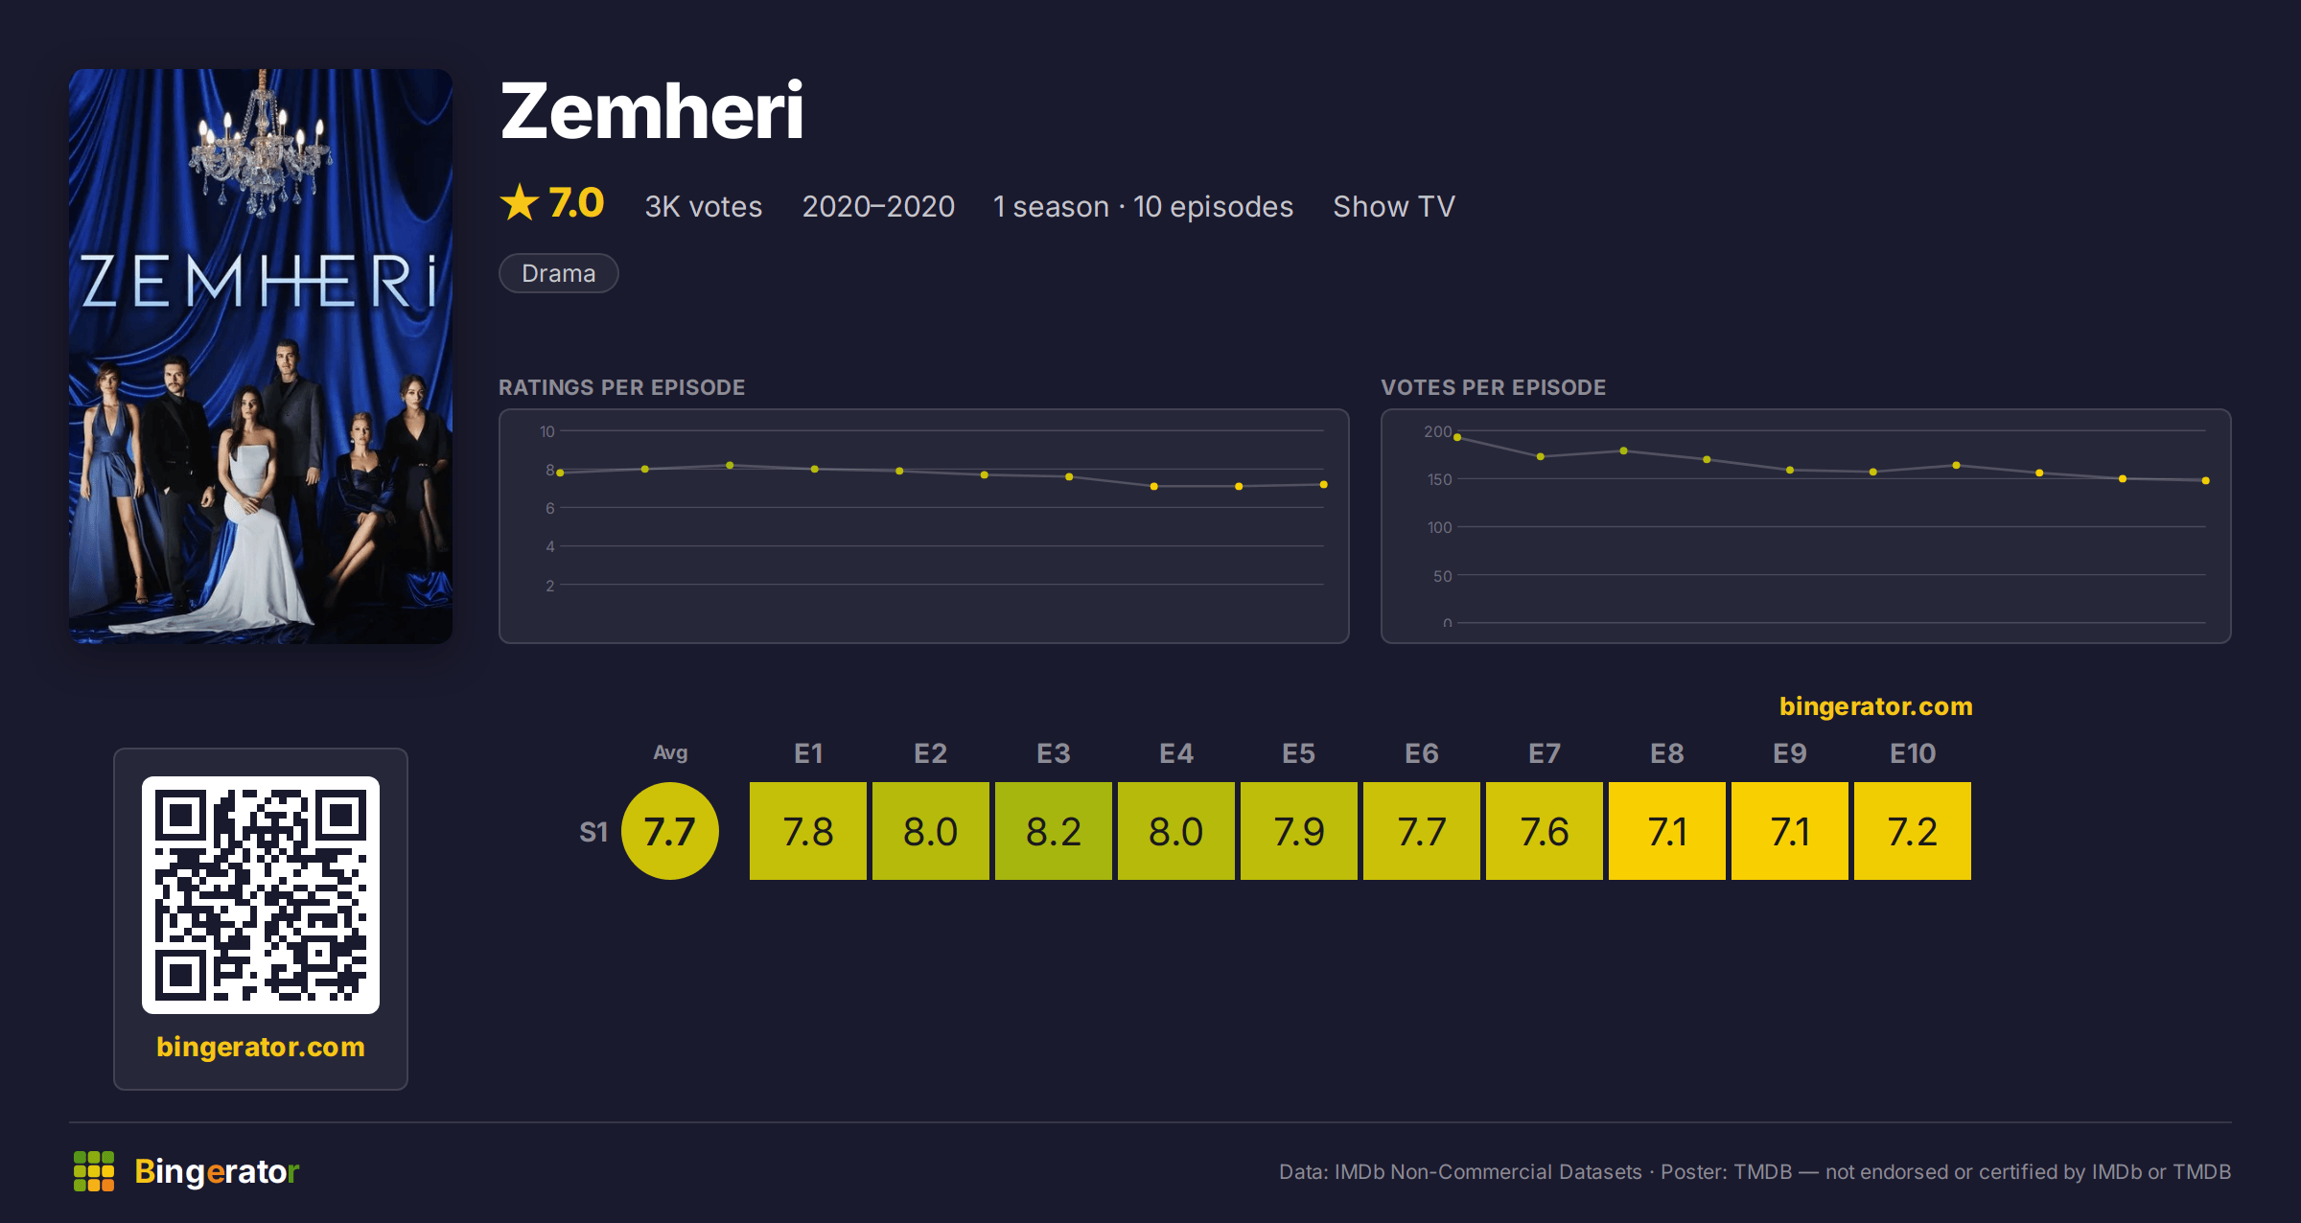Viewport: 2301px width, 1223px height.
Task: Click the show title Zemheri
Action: coord(651,111)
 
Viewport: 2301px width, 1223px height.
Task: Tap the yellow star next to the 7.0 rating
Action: coord(520,202)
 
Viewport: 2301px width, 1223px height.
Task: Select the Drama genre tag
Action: coord(558,273)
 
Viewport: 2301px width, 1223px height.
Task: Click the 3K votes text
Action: coord(703,206)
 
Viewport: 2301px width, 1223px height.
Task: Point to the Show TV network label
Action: coord(1394,206)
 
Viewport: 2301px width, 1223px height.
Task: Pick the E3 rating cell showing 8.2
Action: coord(1054,831)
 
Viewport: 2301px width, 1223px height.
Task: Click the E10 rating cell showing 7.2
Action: coord(1913,831)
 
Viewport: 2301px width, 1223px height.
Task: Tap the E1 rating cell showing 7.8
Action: coord(808,831)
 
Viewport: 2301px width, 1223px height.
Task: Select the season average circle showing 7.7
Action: coord(670,831)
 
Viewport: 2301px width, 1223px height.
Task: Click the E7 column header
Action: coord(1545,753)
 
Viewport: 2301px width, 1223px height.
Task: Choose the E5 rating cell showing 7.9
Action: coord(1299,831)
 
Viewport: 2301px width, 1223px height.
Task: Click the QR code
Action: coord(261,895)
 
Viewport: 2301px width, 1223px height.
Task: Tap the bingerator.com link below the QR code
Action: coord(261,1047)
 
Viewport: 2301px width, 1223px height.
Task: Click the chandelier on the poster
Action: coord(261,144)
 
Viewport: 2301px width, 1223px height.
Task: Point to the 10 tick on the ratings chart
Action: coord(546,431)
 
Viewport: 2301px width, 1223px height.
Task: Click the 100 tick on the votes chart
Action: coord(1439,527)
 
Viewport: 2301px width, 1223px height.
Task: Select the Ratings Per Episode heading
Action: coord(621,387)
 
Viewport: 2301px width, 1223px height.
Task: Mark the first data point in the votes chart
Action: coord(1457,438)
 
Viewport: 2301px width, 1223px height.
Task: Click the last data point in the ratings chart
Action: coord(1324,485)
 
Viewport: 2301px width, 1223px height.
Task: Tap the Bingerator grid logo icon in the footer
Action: coord(94,1171)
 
